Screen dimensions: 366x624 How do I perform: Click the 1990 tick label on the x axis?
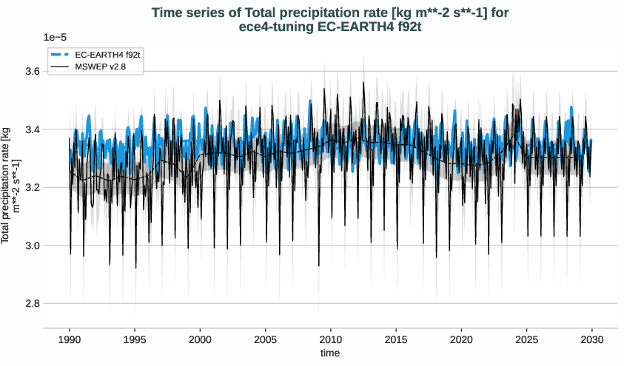tap(70, 339)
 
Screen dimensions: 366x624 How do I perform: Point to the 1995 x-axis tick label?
tap(135, 339)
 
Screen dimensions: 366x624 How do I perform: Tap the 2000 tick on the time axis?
tap(200, 339)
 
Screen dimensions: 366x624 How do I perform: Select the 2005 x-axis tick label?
tap(265, 339)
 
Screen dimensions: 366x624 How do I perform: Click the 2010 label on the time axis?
tap(331, 339)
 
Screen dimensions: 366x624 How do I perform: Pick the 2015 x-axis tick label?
tap(396, 339)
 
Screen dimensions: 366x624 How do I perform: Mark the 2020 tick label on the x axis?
tap(461, 339)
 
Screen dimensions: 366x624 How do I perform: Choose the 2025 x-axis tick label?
tap(526, 339)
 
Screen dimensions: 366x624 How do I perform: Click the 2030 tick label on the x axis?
tap(592, 339)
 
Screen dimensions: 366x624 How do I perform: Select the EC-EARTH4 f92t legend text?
tap(107, 55)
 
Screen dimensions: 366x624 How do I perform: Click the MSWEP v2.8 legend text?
tap(103, 67)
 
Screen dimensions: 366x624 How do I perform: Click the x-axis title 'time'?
tap(330, 353)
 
